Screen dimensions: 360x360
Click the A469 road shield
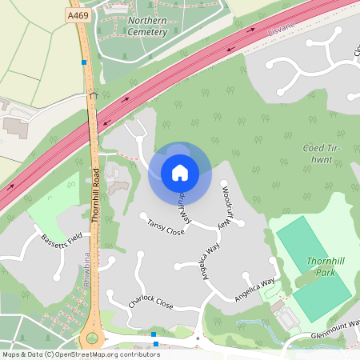[78, 14]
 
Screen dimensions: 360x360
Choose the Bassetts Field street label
[62, 238]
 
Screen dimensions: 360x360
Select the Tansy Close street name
[166, 227]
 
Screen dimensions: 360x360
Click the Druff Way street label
[184, 206]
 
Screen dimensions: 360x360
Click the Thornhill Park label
[323, 266]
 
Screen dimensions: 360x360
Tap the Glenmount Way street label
[335, 336]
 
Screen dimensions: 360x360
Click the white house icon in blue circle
[179, 173]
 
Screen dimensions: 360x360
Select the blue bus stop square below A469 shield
[84, 62]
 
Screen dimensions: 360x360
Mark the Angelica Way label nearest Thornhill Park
[254, 290]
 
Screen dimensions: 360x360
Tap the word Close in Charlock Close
[163, 304]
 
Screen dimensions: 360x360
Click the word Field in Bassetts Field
[74, 238]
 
